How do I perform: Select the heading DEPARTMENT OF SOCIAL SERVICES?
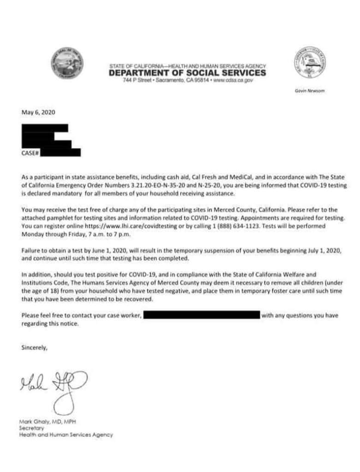(x=188, y=73)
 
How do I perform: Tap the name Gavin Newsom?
(x=310, y=91)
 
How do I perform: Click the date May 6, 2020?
(x=38, y=112)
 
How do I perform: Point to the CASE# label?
(x=30, y=153)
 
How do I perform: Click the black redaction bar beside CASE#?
(x=60, y=153)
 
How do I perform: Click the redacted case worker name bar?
(x=202, y=316)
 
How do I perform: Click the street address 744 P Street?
(x=137, y=80)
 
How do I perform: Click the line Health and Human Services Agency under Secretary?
(x=66, y=434)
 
